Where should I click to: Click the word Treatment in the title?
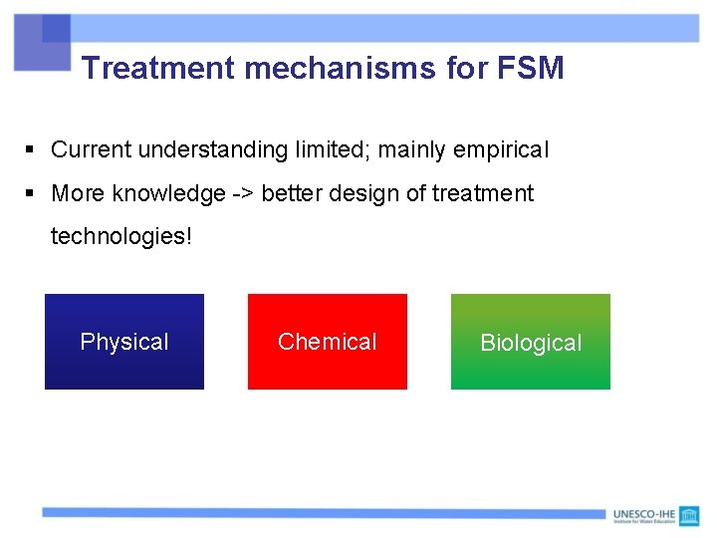click(x=158, y=68)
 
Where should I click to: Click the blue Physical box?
click(x=124, y=342)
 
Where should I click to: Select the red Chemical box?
click(x=328, y=342)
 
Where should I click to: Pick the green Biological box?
click(x=531, y=342)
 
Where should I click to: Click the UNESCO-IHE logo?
click(x=656, y=515)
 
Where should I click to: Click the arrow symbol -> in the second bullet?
click(x=243, y=193)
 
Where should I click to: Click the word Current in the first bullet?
click(x=92, y=149)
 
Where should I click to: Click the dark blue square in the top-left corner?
click(x=56, y=28)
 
